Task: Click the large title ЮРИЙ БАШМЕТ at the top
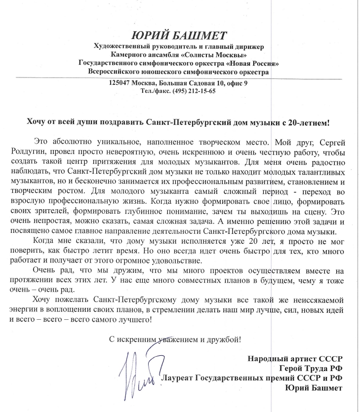pos(179,36)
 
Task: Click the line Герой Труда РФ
pos(311,368)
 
